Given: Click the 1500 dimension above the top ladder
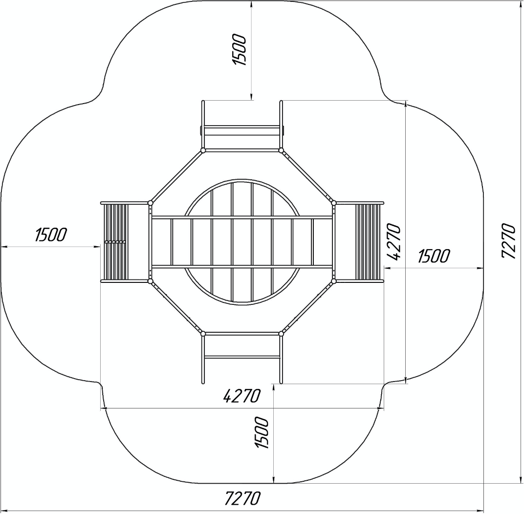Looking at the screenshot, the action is click(239, 49).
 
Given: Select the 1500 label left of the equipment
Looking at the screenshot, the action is click(51, 235).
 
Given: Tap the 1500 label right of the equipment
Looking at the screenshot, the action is click(434, 256).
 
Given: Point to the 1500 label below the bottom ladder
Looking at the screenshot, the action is click(262, 432).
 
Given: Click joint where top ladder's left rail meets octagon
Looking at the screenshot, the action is click(202, 150).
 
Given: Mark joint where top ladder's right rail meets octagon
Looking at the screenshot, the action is click(281, 150).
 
